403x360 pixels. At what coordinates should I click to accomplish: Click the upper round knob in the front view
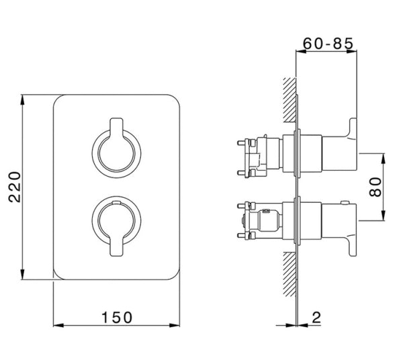coord(116,151)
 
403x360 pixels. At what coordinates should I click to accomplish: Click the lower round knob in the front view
coord(116,220)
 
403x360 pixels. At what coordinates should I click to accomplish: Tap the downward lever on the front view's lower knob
coord(116,244)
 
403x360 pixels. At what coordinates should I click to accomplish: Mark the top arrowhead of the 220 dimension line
coord(24,99)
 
